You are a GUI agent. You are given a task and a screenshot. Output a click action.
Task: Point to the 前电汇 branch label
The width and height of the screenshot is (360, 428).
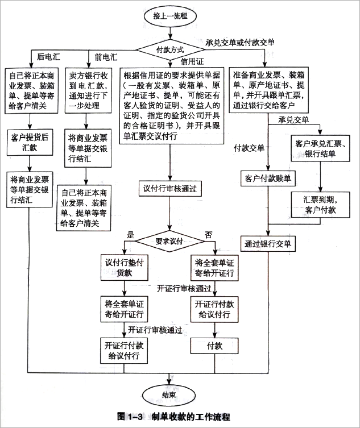point(106,57)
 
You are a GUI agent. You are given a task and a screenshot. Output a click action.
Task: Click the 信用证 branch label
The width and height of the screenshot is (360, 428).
point(192,61)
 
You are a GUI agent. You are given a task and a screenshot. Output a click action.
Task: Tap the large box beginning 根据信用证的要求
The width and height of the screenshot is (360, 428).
point(171,105)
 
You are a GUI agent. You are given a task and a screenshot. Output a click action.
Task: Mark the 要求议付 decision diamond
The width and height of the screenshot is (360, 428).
point(170,240)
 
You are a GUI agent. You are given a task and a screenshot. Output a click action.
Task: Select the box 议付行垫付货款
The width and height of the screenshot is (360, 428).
point(122,267)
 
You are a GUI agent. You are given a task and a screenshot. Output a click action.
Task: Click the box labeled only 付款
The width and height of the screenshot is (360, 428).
point(214,345)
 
